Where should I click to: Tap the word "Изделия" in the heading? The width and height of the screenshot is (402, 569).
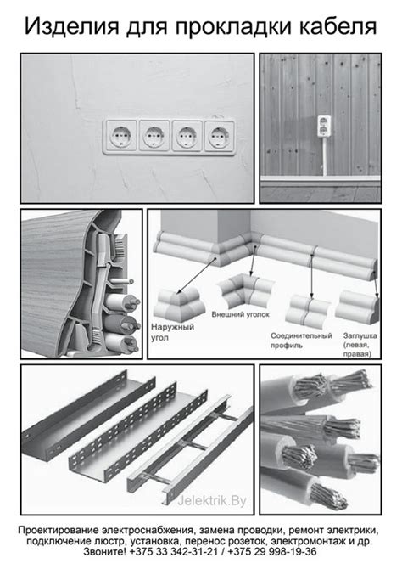click(72, 27)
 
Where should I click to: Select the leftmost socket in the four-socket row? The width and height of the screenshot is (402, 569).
click(120, 136)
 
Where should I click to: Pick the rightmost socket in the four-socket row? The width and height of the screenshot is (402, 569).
click(220, 136)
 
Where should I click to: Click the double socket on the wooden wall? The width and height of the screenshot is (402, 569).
click(324, 127)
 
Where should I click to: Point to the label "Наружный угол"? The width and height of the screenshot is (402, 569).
click(172, 332)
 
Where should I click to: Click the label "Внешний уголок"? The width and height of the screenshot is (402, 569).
click(240, 314)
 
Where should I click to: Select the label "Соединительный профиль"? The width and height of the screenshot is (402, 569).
click(301, 341)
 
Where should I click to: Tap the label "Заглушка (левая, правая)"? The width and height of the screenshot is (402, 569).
click(360, 345)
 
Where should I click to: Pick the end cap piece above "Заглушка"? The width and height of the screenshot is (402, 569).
click(357, 304)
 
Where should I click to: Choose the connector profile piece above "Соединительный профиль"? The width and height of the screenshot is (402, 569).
click(307, 309)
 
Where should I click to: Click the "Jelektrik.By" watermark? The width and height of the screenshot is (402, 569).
click(212, 501)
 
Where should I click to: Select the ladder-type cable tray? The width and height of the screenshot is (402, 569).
click(190, 450)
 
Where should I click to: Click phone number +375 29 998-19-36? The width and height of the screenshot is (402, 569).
click(272, 552)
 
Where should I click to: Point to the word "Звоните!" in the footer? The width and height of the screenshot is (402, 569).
click(104, 552)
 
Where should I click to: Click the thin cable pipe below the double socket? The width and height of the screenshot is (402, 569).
click(325, 156)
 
